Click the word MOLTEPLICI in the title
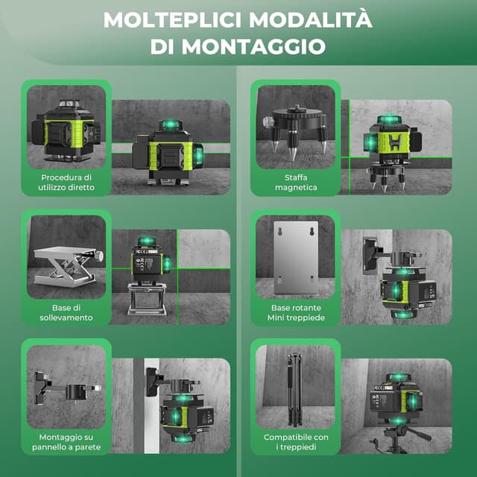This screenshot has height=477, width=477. click(x=172, y=20)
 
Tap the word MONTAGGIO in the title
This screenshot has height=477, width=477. click(x=253, y=46)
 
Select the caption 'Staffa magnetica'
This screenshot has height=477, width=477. click(x=296, y=182)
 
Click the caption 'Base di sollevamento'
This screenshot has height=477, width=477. click(x=66, y=312)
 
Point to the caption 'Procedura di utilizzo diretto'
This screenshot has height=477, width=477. click(x=66, y=182)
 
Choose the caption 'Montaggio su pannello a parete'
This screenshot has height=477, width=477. click(x=66, y=442)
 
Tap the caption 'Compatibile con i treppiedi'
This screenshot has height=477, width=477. click(x=296, y=442)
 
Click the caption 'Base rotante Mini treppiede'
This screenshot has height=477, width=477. click(x=296, y=312)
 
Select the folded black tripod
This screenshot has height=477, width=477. click(x=295, y=389)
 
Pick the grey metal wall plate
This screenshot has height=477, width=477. click(x=296, y=258)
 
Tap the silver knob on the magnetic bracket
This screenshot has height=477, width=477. click(x=268, y=121)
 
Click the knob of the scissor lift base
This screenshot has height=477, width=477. click(x=99, y=256)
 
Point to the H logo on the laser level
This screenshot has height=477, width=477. click(x=394, y=142)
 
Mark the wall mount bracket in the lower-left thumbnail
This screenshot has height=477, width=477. click(x=68, y=388)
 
